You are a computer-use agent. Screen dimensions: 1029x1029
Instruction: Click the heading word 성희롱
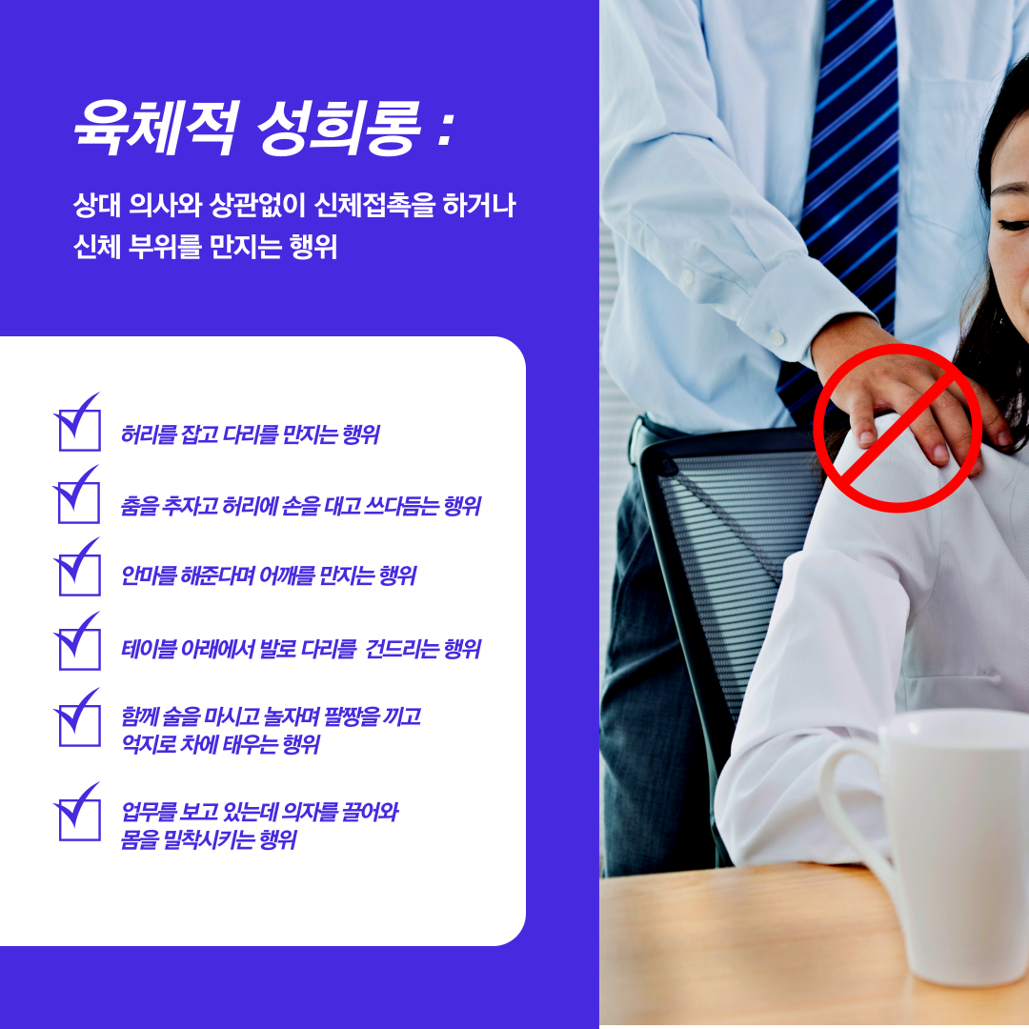pos(338,128)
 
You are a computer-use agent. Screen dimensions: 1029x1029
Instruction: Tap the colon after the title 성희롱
pos(446,129)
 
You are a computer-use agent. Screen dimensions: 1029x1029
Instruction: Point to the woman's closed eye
pos(1013,226)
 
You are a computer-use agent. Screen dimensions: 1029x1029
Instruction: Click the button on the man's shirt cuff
pos(777,338)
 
